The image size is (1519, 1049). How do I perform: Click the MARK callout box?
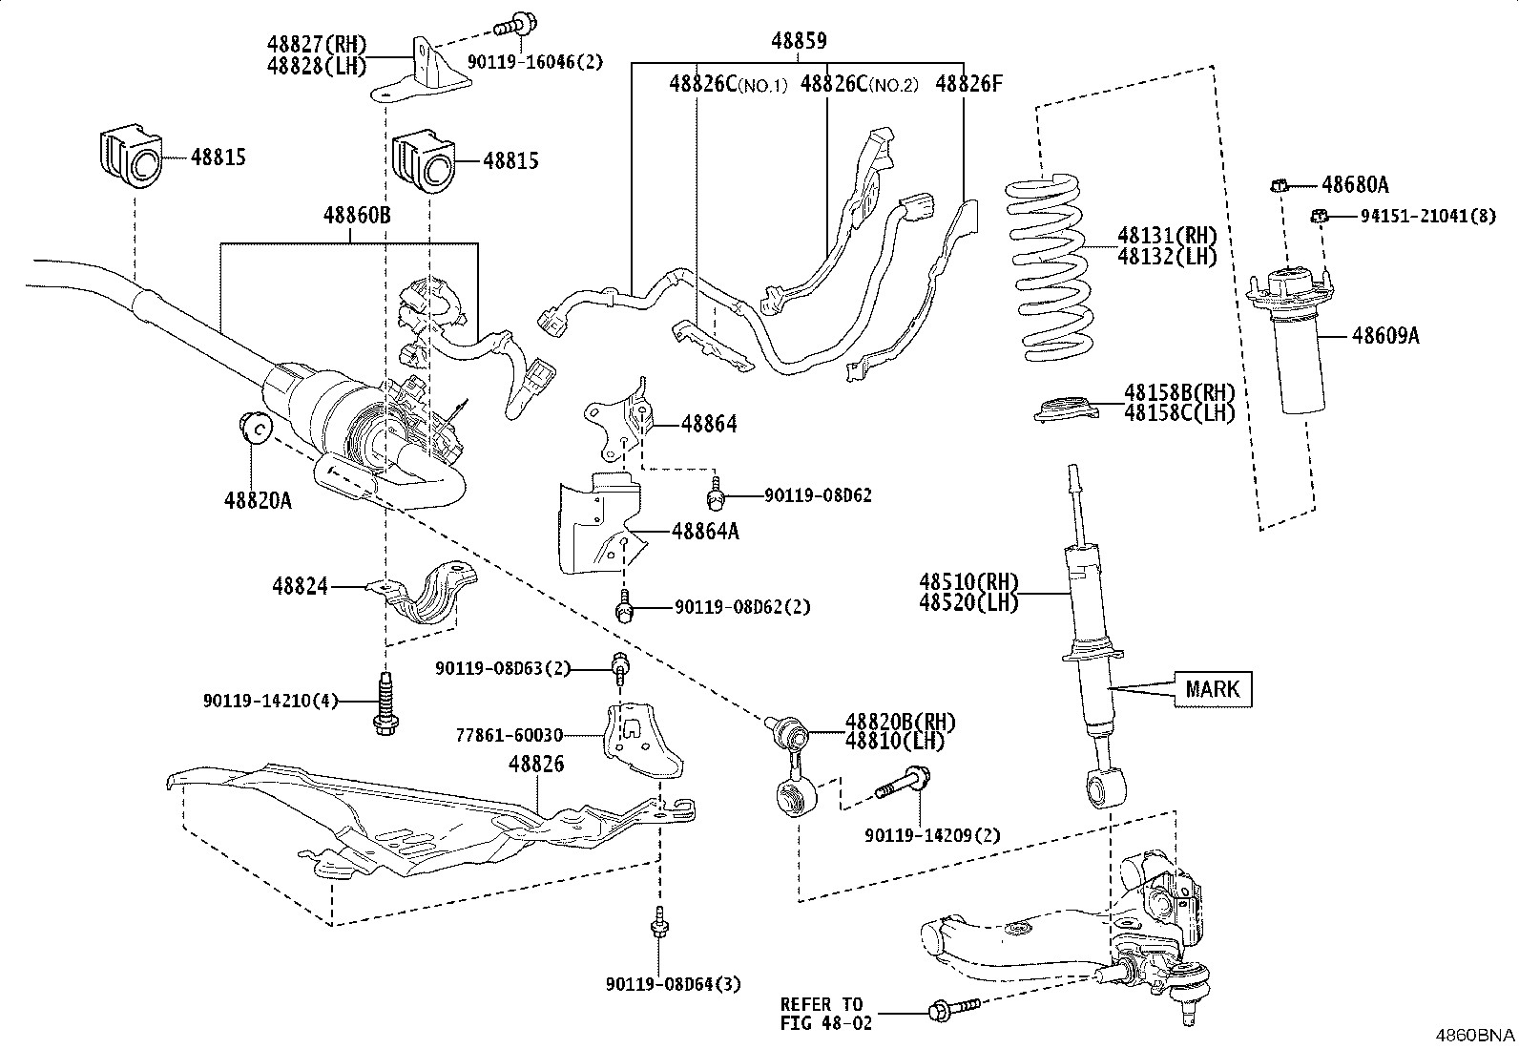pos(1212,688)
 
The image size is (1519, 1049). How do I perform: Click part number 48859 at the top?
pos(799,41)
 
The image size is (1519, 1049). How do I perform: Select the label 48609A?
pos(1384,336)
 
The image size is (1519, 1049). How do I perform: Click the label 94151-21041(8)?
pos(1427,217)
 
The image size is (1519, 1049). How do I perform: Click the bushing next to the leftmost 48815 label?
pos(131,157)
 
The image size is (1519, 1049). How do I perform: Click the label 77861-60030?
pos(509,735)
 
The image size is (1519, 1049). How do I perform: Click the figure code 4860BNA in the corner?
pos(1477,1035)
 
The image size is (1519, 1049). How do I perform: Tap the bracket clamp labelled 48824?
pos(431,598)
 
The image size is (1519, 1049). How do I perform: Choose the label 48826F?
pos(968,83)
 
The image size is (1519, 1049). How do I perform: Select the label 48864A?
pos(704,532)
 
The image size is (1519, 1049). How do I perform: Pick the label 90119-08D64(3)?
pos(673,984)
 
